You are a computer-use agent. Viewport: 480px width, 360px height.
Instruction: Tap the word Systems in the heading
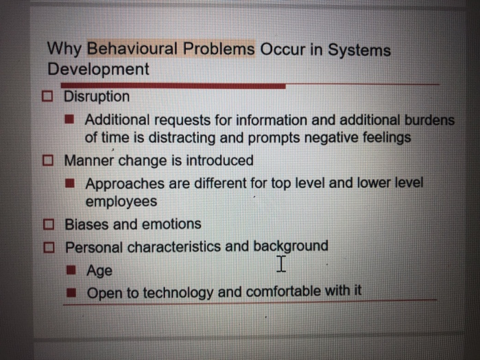pos(359,50)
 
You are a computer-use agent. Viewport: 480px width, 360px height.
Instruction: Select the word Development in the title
pos(98,69)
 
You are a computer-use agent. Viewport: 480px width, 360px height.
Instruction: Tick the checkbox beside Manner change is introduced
pos(49,160)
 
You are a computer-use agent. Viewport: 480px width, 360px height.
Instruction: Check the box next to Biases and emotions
pos(49,224)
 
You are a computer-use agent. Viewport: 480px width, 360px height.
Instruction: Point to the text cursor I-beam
pos(281,263)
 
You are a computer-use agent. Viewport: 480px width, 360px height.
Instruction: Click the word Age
pos(99,270)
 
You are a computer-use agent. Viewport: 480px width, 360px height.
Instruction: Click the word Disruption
pos(97,97)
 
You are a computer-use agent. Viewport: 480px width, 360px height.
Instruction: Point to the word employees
pos(121,202)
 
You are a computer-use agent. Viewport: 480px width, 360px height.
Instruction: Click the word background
pos(291,245)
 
